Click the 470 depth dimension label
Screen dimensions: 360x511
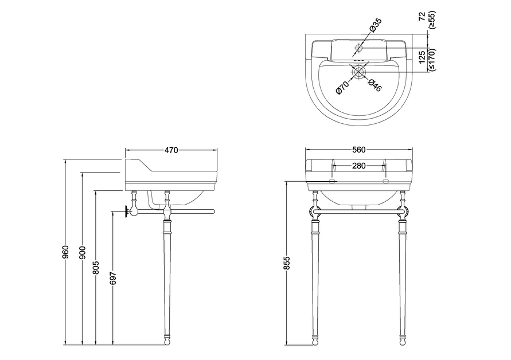click(x=171, y=150)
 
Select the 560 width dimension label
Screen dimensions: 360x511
click(x=358, y=150)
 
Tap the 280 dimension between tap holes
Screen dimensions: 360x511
click(x=359, y=166)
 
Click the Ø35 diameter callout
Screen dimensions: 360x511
click(x=375, y=25)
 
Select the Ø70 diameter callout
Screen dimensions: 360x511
click(x=342, y=87)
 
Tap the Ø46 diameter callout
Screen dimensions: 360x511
click(x=374, y=85)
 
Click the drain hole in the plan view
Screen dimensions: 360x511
click(x=358, y=72)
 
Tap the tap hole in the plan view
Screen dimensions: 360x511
click(x=358, y=47)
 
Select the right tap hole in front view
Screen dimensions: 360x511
click(x=385, y=181)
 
